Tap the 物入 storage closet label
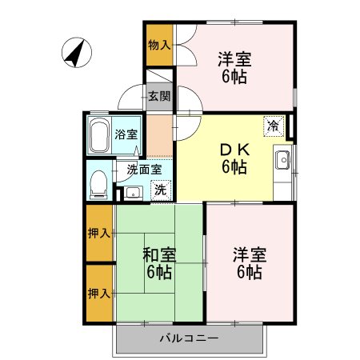click(x=159, y=44)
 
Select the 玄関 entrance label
click(x=159, y=97)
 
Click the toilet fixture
click(x=98, y=182)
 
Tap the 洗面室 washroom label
click(x=145, y=170)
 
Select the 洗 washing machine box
click(x=160, y=190)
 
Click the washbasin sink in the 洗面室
click(x=132, y=192)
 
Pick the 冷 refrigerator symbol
click(x=274, y=126)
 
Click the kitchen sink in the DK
click(x=284, y=162)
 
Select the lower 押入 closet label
click(x=99, y=293)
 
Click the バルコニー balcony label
click(x=189, y=338)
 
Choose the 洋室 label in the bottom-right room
click(x=249, y=254)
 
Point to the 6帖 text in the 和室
click(x=158, y=273)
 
